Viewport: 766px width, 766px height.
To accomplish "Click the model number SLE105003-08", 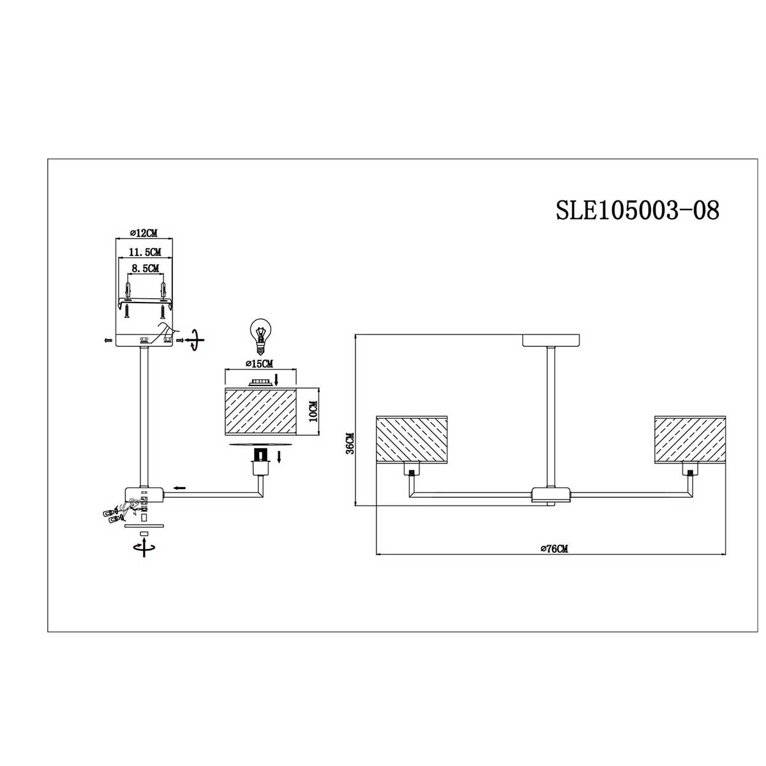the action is (x=638, y=209).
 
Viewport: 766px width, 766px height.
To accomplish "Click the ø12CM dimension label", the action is (x=144, y=232).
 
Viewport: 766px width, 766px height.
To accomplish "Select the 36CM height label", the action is (x=349, y=443).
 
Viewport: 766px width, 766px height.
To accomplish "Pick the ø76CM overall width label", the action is (x=553, y=548).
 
